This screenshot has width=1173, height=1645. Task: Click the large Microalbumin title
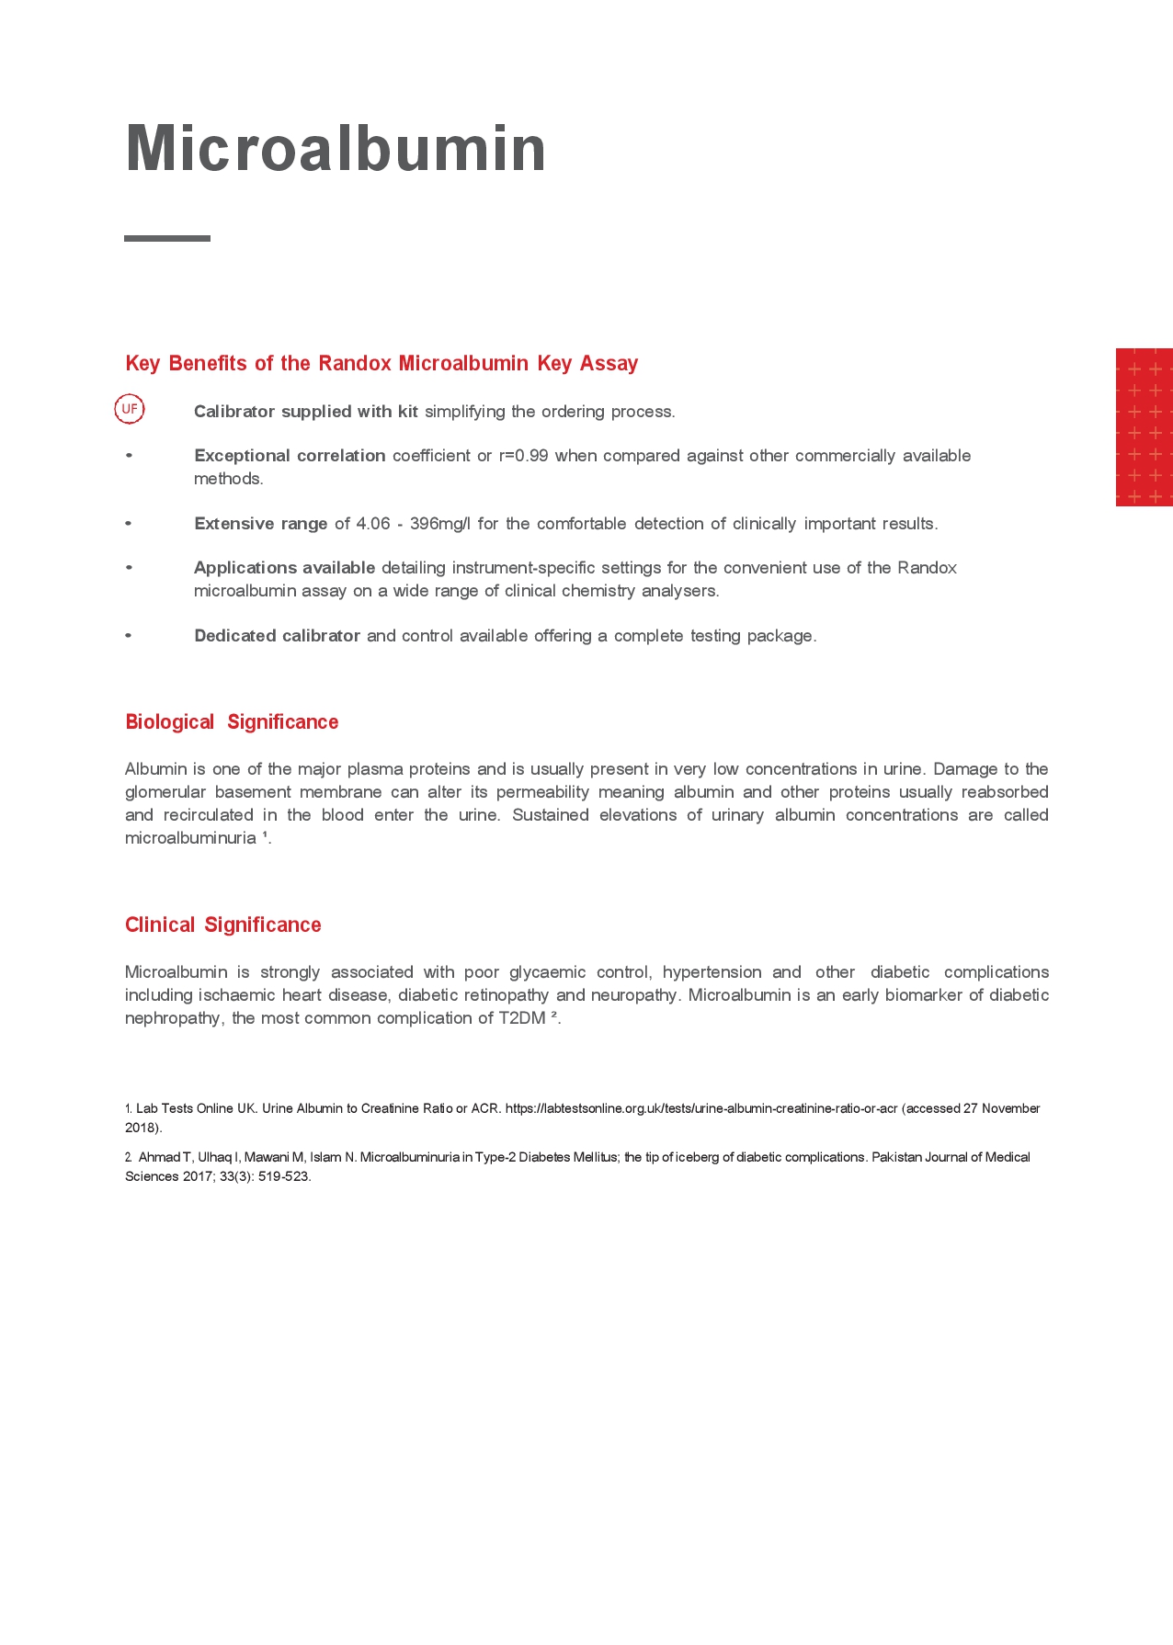coord(336,148)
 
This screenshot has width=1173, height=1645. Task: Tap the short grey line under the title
coord(167,238)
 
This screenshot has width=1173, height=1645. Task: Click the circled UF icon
coord(130,409)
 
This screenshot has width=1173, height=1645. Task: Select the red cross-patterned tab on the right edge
coord(1144,427)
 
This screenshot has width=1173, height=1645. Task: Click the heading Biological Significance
coord(232,722)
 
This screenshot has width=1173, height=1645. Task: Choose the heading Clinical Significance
coord(223,925)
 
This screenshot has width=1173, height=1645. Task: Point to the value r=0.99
coord(523,456)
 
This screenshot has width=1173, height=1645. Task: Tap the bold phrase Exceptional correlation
coord(290,456)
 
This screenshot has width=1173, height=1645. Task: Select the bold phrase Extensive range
coord(260,524)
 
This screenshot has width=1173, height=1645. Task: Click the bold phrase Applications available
coord(284,568)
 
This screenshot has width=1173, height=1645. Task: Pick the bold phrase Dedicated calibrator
coord(277,636)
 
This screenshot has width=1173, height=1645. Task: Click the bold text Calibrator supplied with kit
coord(305,412)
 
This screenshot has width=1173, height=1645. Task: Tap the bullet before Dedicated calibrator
coord(129,636)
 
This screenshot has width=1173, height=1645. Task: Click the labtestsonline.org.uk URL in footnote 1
coord(700,1109)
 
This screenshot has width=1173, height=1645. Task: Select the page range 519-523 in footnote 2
coord(285,1176)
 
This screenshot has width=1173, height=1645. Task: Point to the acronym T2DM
coord(521,1018)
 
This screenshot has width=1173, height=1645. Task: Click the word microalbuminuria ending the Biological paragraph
coord(190,838)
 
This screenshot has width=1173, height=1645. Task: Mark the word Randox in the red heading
coord(355,363)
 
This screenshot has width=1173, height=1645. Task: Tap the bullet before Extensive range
coord(129,524)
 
